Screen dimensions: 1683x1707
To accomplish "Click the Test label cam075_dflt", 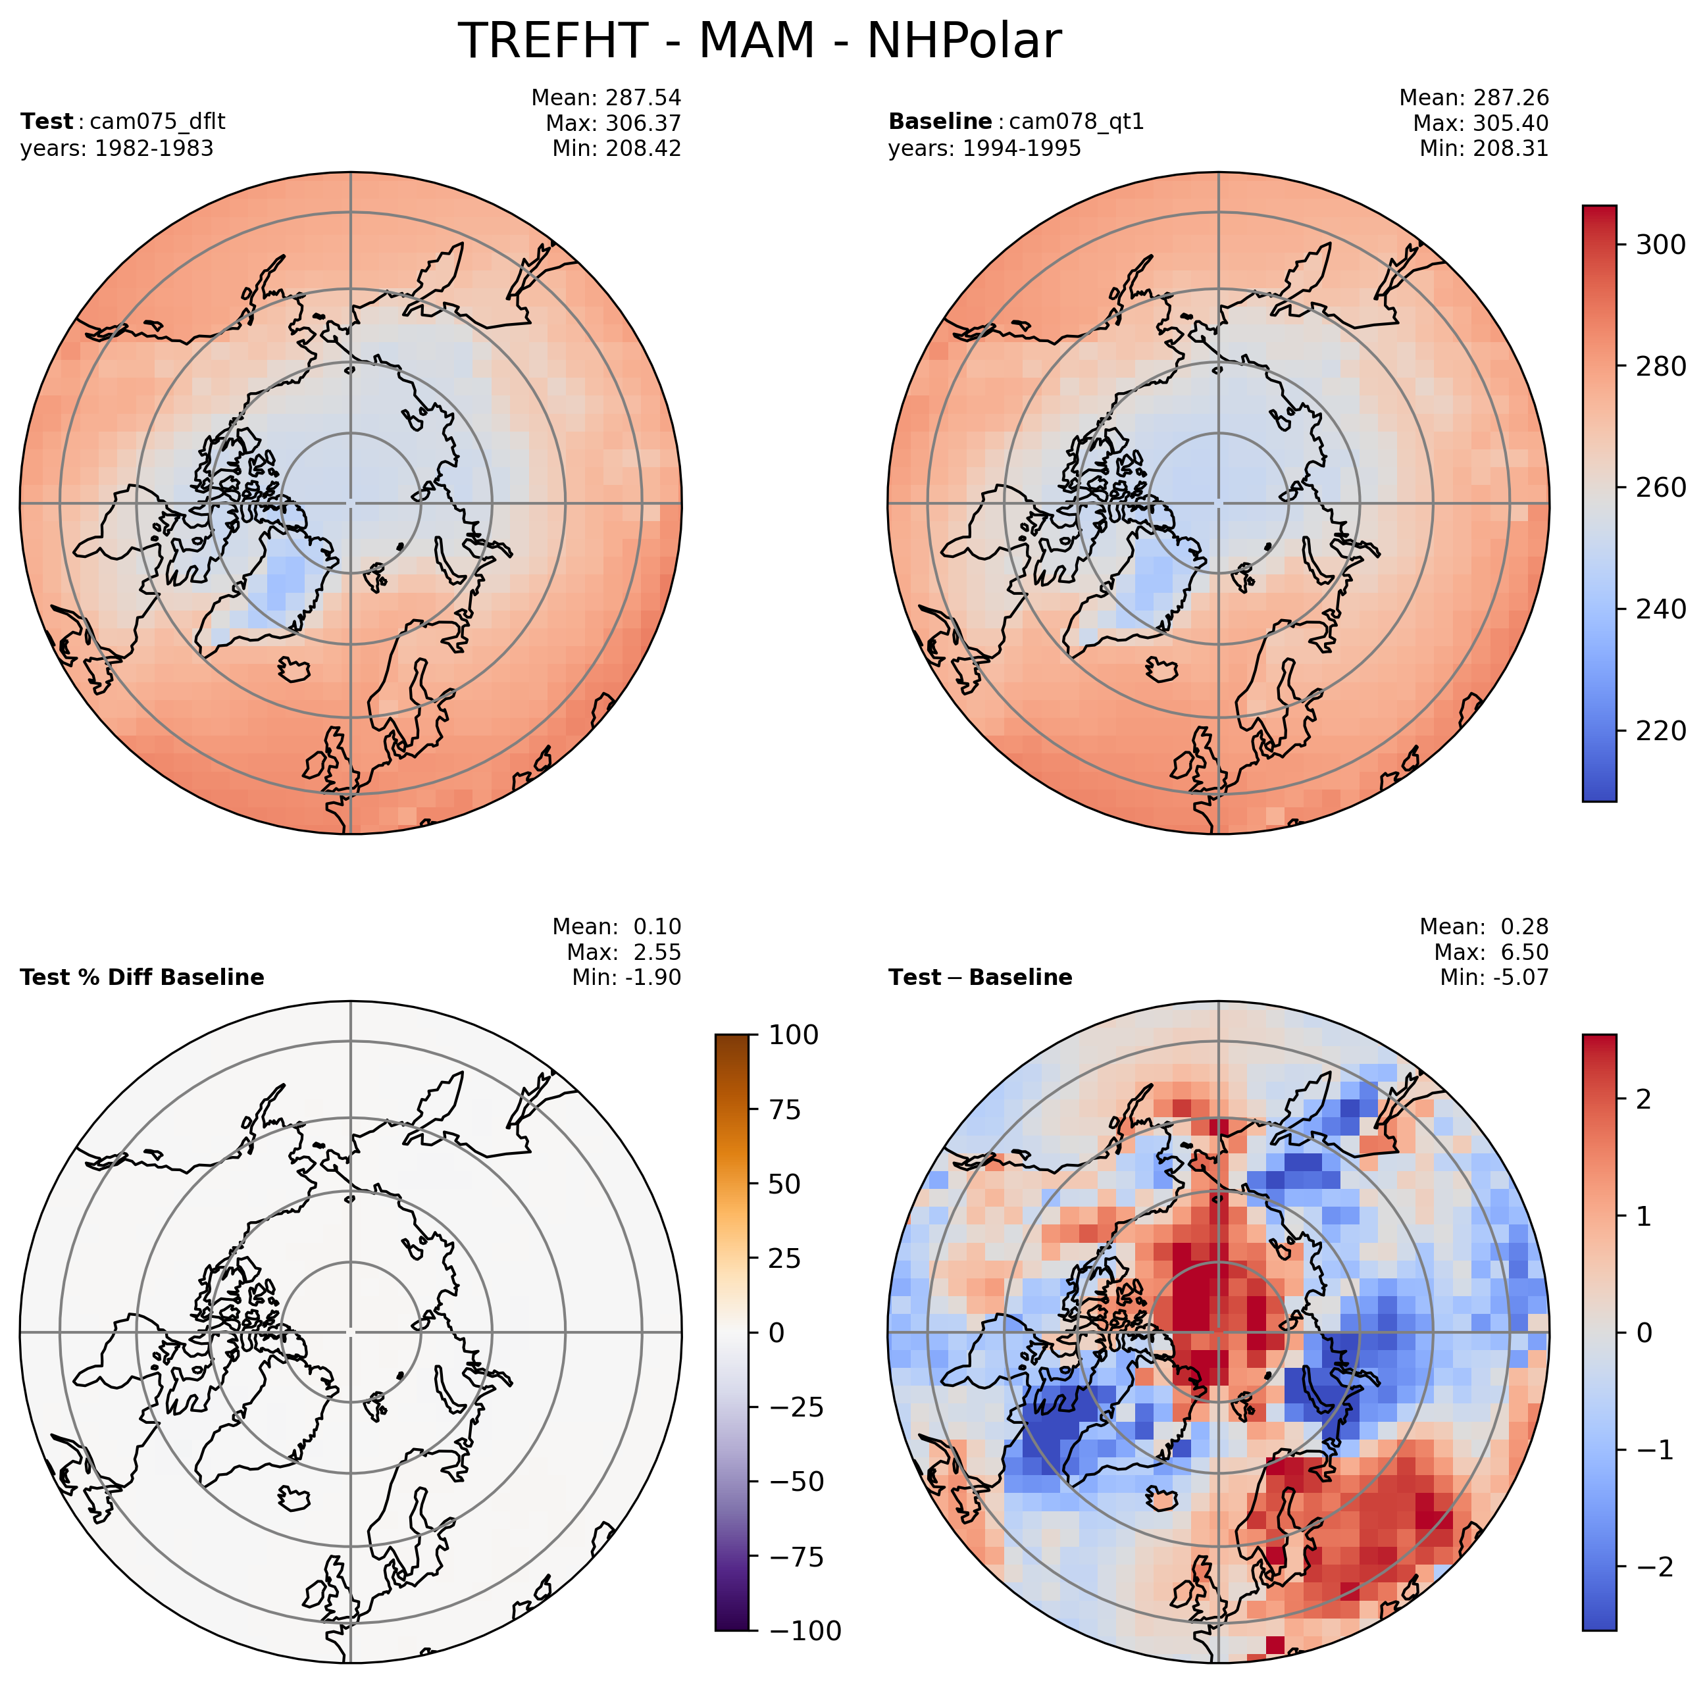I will point(123,121).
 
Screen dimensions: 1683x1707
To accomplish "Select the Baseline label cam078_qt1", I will point(1015,121).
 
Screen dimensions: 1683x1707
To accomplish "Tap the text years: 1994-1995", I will point(984,149).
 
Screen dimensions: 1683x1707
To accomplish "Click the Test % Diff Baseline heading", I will point(141,977).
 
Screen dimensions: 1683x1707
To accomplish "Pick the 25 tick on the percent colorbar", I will point(781,1258).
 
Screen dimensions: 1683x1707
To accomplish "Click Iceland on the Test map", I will point(294,668).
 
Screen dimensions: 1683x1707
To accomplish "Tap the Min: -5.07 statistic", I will point(1494,977).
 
